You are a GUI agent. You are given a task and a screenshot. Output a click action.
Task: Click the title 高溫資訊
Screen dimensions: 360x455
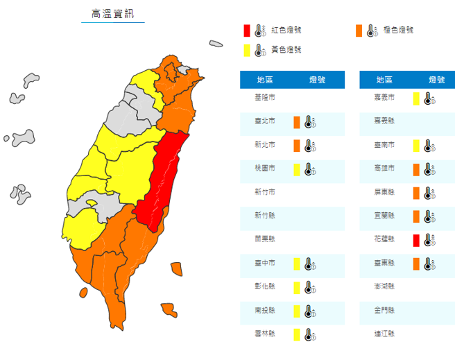click(112, 14)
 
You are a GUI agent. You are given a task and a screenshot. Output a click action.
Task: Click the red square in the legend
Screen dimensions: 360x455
click(246, 31)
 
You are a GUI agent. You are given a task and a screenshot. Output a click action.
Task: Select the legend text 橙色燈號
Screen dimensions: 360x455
click(399, 31)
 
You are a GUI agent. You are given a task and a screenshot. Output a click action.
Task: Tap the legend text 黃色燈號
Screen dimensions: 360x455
click(286, 50)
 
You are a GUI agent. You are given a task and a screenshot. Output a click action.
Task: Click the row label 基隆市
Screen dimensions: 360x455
click(265, 98)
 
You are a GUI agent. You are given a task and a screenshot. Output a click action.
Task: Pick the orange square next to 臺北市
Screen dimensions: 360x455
click(297, 122)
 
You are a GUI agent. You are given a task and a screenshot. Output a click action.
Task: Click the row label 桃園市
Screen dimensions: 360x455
click(265, 169)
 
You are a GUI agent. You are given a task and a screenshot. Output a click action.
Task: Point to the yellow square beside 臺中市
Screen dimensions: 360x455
click(297, 263)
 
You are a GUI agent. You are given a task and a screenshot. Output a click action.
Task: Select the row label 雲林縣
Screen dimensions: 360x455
click(265, 334)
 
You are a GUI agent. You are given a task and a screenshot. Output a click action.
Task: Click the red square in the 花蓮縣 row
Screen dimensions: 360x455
click(416, 239)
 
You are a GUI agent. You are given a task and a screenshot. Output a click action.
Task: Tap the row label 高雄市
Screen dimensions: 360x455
click(385, 169)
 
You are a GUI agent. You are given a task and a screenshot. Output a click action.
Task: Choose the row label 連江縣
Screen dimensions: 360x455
click(385, 334)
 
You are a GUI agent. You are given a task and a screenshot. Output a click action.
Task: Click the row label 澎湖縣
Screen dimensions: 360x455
click(385, 286)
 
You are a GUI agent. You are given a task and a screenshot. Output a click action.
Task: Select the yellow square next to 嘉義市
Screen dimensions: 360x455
click(416, 98)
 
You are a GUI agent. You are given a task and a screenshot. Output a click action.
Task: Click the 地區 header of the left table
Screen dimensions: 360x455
click(265, 80)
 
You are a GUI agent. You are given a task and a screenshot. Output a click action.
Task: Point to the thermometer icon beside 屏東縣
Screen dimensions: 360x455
click(429, 192)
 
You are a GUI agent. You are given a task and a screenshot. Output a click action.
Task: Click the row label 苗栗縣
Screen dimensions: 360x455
click(265, 239)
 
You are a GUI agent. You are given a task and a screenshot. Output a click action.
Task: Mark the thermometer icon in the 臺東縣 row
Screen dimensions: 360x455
click(429, 263)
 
